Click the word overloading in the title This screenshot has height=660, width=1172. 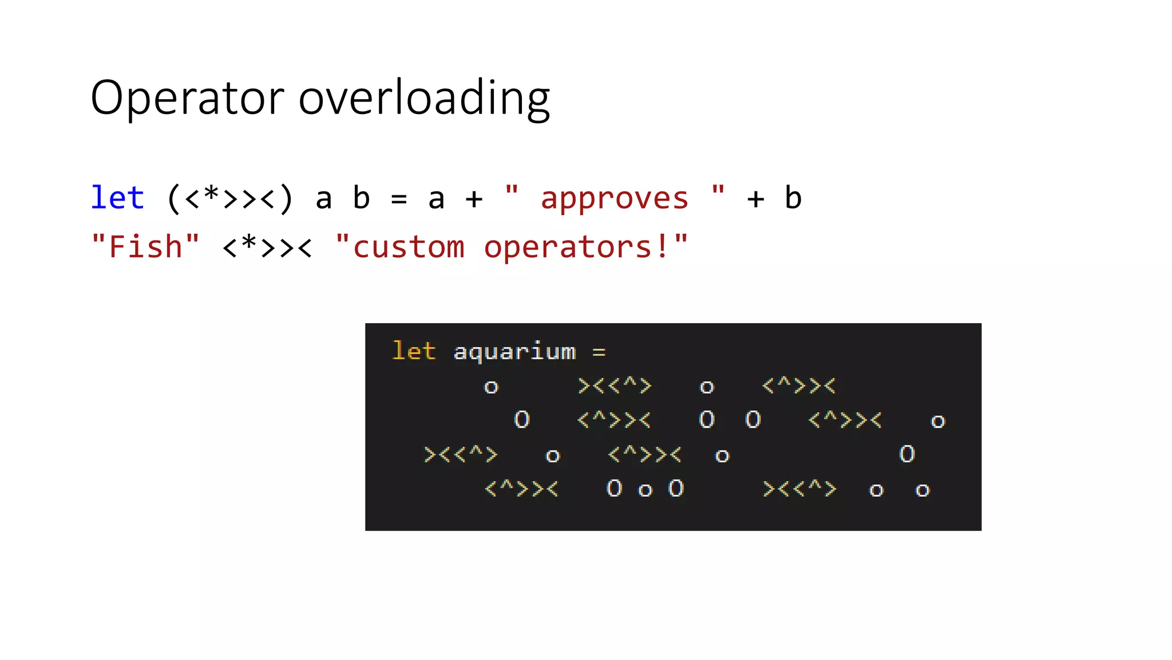coord(424,98)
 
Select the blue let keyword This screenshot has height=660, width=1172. coord(117,198)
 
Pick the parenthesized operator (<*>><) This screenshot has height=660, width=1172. coord(230,198)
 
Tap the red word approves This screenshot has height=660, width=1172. coord(615,199)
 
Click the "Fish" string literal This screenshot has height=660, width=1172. coord(145,247)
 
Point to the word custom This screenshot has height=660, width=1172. coord(409,247)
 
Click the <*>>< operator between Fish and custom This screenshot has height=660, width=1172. coord(267,247)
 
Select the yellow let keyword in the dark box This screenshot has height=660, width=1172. coord(414,351)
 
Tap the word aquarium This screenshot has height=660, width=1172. coord(514,351)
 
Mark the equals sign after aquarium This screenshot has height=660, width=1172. coord(599,352)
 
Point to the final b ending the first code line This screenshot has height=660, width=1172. coord(793,198)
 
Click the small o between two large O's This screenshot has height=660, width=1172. coord(645,490)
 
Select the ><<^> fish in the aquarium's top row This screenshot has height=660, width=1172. coord(615,386)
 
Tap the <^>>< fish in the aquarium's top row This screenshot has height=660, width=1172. coord(799,386)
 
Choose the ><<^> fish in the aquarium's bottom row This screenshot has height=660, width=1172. coord(799,489)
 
